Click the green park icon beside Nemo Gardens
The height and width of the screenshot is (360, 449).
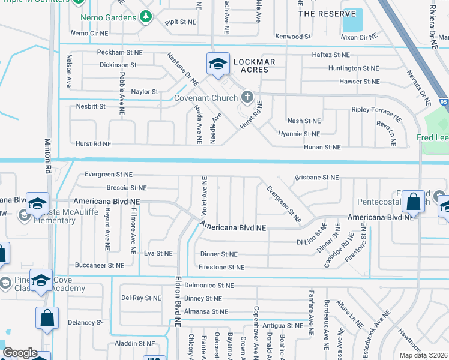click(x=145, y=17)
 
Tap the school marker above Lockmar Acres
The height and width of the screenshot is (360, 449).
click(x=217, y=63)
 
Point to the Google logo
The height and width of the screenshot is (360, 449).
click(x=20, y=353)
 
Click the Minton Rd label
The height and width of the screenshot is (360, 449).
click(x=48, y=157)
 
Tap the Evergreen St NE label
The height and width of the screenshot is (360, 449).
click(x=108, y=175)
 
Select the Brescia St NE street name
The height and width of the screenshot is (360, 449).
click(x=123, y=188)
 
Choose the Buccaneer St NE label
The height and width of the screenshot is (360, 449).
click(x=100, y=265)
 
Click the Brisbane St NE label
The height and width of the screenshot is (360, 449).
click(x=316, y=178)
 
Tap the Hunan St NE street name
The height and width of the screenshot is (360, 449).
click(x=322, y=147)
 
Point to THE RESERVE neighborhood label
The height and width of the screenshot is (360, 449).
click(x=322, y=13)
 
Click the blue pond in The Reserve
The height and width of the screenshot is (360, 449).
click(x=352, y=21)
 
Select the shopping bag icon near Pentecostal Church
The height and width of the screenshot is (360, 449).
click(x=414, y=202)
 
